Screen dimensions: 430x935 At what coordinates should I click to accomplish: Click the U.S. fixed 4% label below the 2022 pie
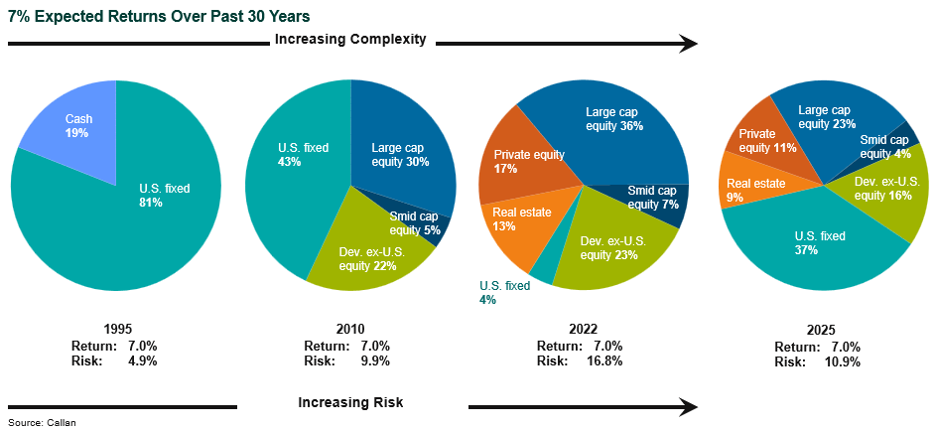click(503, 292)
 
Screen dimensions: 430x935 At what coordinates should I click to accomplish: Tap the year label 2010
click(350, 330)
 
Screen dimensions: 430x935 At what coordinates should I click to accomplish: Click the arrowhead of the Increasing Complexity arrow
click(689, 43)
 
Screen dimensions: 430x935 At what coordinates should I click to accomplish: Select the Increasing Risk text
click(350, 402)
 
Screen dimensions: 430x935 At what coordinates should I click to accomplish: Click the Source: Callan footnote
click(42, 423)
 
